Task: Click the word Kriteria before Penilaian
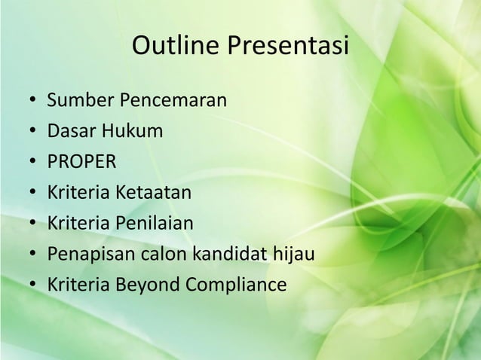pos(78,224)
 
